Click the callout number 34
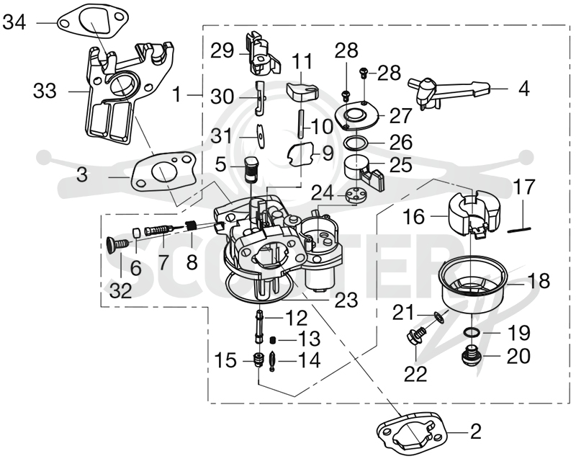coord(14,22)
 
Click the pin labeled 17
coord(519,229)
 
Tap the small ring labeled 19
coord(472,333)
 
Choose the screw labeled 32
coord(117,244)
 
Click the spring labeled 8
coord(190,226)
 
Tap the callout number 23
coord(346,300)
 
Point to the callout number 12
coord(296,318)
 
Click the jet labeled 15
coord(258,360)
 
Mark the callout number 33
coord(45,91)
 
